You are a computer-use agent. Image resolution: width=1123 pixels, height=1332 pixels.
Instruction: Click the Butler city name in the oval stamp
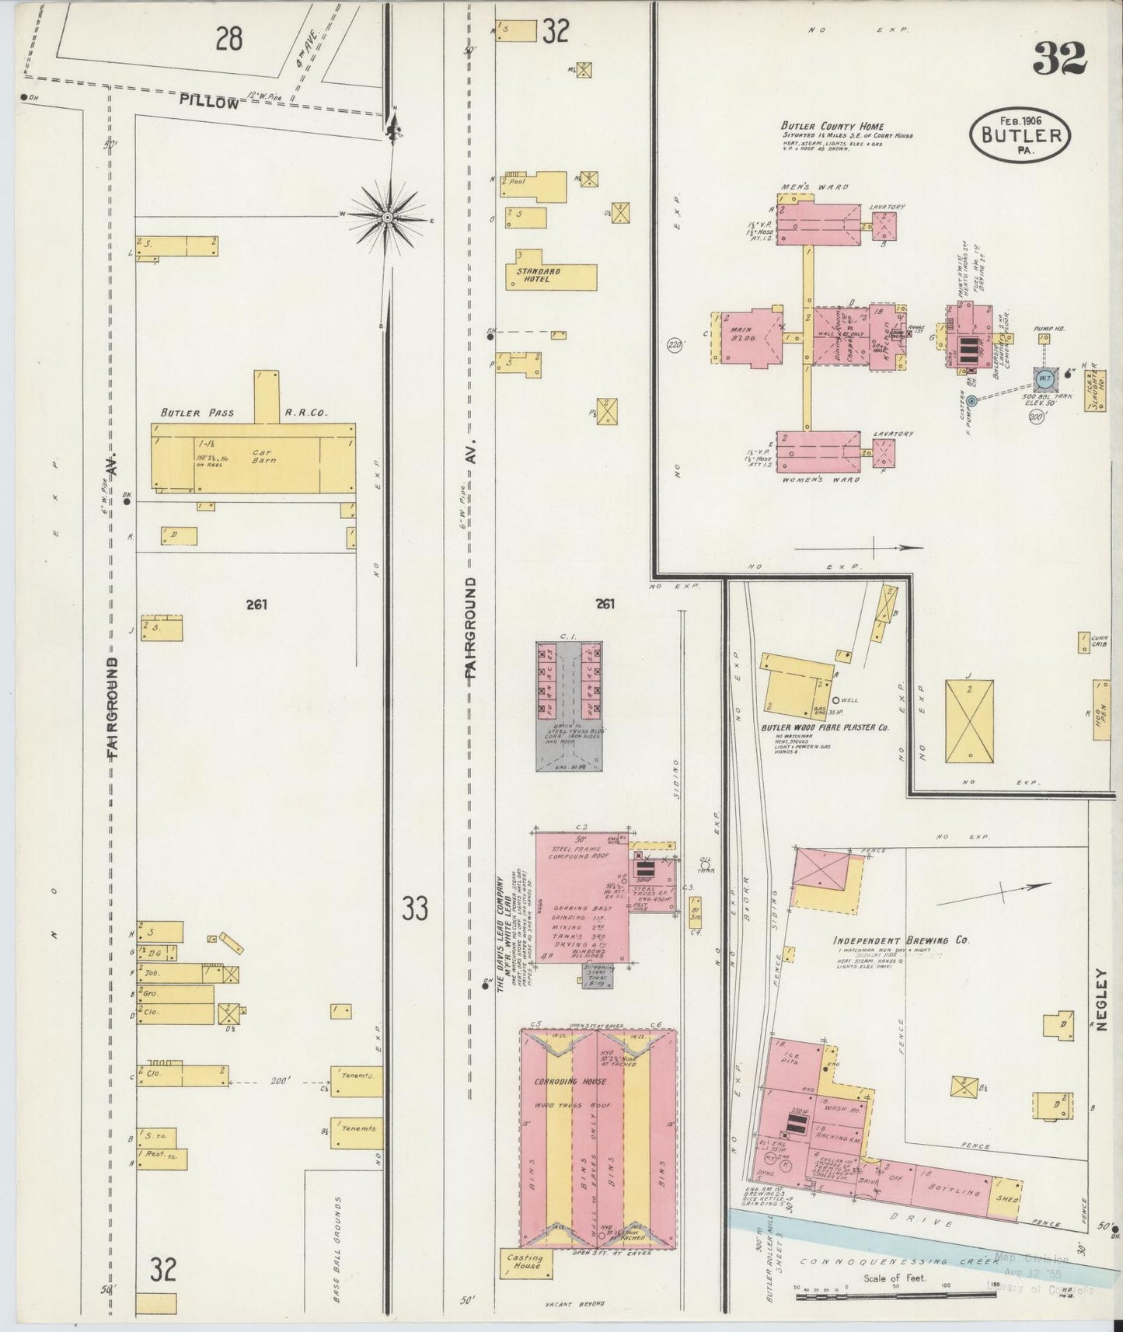point(1019,134)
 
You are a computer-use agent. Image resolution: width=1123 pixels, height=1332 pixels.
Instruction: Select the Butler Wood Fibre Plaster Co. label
point(825,728)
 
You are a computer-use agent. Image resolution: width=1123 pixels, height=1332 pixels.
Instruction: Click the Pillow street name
point(209,101)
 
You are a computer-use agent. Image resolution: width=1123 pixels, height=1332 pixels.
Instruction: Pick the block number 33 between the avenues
point(416,908)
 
